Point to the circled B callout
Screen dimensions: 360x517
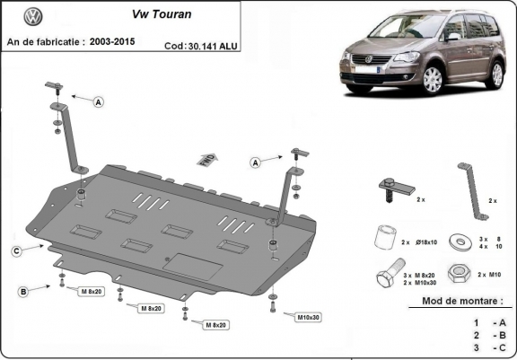22,290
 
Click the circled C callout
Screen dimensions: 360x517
16,250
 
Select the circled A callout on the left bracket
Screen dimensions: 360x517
98,102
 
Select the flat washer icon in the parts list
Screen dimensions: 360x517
463,241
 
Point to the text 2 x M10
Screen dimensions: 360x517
494,273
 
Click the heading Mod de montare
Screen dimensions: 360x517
462,303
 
